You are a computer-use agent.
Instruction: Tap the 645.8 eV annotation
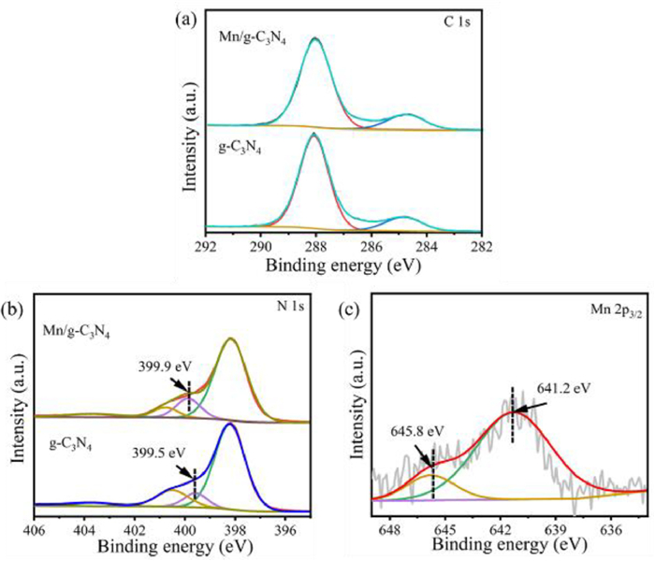click(x=417, y=433)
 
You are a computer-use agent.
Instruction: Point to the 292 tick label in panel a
click(x=205, y=246)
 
